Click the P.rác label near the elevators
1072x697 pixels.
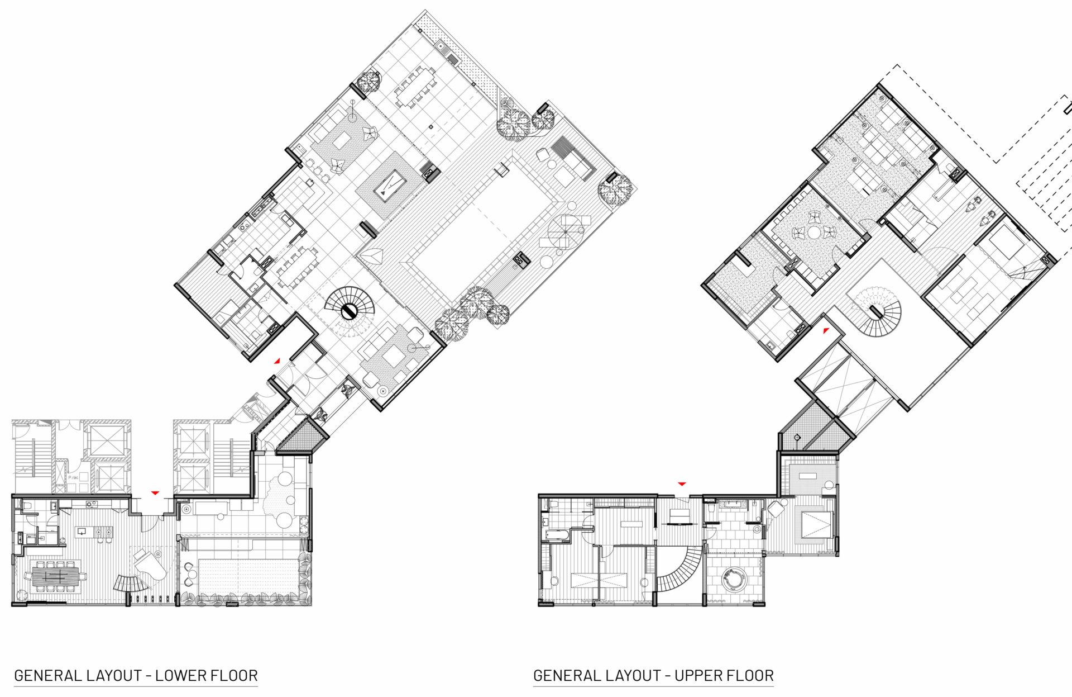click(x=73, y=477)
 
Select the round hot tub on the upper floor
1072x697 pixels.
click(x=733, y=579)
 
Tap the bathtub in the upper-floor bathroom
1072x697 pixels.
click(x=555, y=536)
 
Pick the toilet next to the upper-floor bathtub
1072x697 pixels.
click(x=544, y=523)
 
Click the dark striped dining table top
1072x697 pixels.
click(x=55, y=576)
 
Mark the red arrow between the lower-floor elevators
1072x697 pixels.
click(x=155, y=492)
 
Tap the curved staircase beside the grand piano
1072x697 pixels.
click(x=130, y=582)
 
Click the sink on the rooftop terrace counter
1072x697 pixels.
click(x=441, y=45)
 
